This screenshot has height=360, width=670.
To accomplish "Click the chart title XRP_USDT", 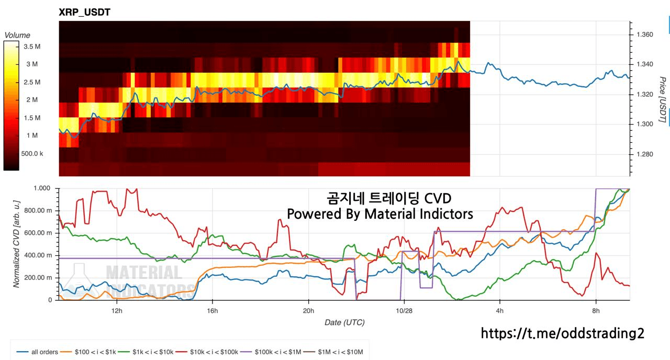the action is [x=84, y=12].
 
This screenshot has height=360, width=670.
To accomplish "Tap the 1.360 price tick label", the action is [x=644, y=35].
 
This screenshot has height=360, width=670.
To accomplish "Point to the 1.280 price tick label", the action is [x=644, y=154].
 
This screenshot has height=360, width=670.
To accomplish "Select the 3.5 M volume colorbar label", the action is [x=32, y=47].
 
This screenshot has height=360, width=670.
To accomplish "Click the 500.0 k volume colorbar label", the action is [x=32, y=154].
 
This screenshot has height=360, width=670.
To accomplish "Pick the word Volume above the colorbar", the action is [x=17, y=35].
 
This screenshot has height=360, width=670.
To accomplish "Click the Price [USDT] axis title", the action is [x=663, y=99].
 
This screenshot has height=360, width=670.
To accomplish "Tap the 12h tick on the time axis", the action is [x=117, y=311].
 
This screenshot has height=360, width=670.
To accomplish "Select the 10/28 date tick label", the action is [x=404, y=311].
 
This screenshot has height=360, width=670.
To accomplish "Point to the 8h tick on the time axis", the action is [x=596, y=311].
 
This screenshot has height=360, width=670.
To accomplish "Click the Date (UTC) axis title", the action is [x=344, y=322].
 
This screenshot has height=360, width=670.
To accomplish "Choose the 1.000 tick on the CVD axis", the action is [x=42, y=188].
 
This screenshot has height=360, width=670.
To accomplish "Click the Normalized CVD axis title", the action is [x=16, y=244].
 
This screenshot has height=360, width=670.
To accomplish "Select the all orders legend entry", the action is [x=37, y=352].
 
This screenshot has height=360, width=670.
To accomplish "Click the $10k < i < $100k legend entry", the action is [x=207, y=352].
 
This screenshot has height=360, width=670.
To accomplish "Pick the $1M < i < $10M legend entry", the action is [x=333, y=352].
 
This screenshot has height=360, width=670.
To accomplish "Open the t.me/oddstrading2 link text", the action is [x=563, y=333].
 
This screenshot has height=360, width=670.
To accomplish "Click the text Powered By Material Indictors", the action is [x=380, y=214].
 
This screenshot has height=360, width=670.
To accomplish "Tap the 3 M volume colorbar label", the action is [x=32, y=64].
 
